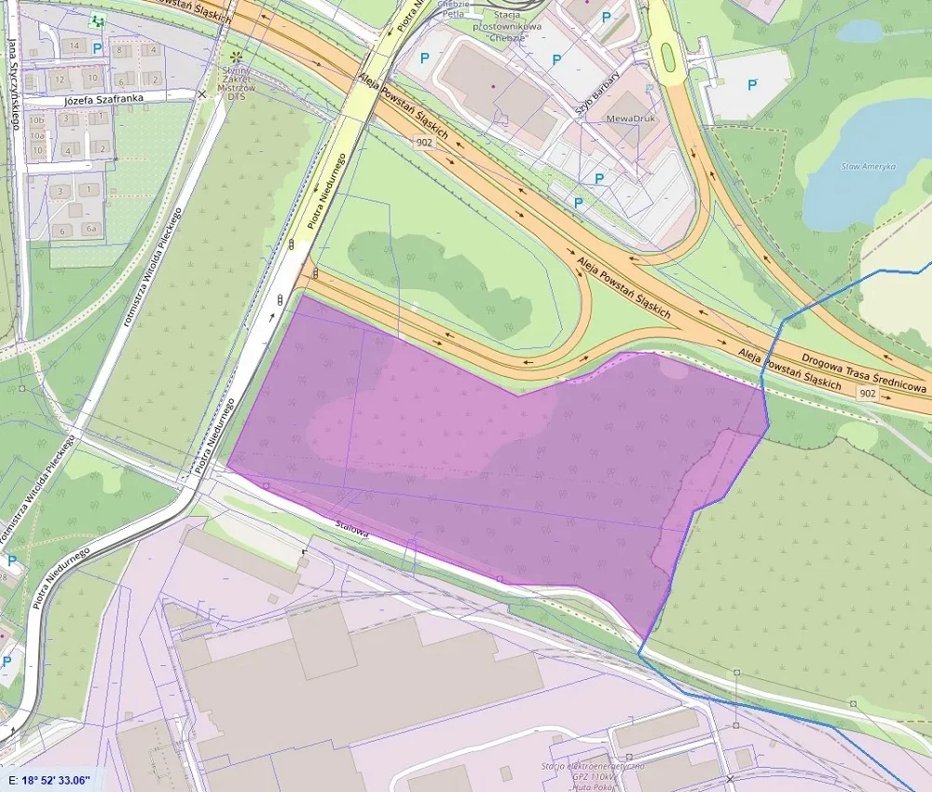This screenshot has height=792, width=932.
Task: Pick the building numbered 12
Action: click(x=59, y=78)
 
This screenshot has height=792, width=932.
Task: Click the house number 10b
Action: click(x=36, y=120)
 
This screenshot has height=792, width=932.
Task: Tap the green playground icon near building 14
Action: click(x=94, y=20)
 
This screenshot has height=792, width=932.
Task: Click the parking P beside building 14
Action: click(x=97, y=48)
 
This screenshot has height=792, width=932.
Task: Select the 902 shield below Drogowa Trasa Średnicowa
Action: click(x=868, y=394)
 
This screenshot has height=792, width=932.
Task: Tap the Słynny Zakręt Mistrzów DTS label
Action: click(x=236, y=80)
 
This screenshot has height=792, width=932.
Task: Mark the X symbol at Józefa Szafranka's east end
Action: click(x=202, y=94)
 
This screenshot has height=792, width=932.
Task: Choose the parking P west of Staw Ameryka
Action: click(x=752, y=85)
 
